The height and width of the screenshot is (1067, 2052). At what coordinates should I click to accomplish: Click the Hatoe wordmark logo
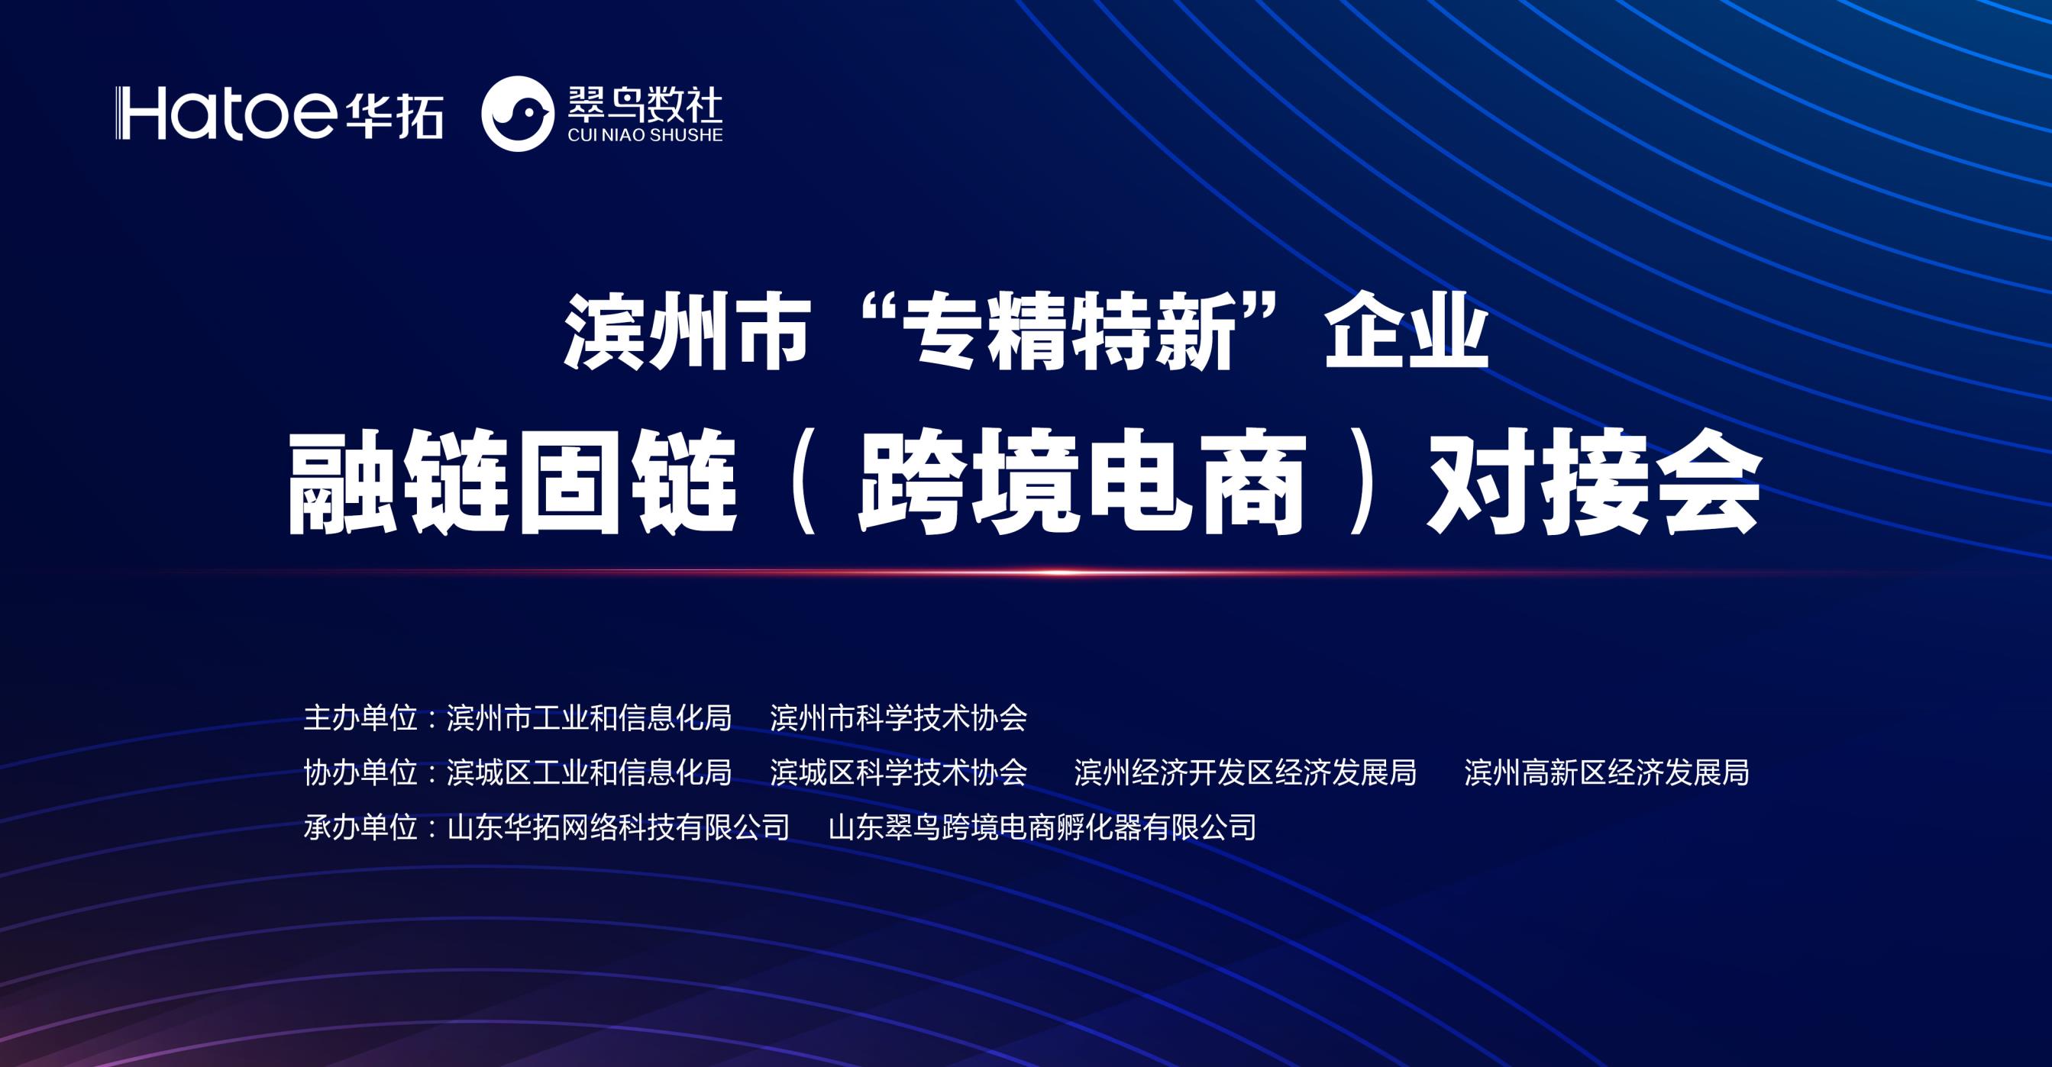pyautogui.click(x=225, y=113)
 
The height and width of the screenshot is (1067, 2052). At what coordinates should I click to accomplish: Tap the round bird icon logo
pyautogui.click(x=518, y=114)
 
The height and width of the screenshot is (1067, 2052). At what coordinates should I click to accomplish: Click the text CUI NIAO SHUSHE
pyautogui.click(x=645, y=135)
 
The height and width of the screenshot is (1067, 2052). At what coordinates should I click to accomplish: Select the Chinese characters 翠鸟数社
pyautogui.click(x=645, y=105)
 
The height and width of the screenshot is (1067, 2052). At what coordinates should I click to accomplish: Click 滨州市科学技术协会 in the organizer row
pyautogui.click(x=899, y=718)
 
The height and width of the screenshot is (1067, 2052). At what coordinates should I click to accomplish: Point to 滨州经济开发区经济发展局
pyautogui.click(x=1245, y=772)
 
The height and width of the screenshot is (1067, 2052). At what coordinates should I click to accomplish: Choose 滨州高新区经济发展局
pyautogui.click(x=1607, y=772)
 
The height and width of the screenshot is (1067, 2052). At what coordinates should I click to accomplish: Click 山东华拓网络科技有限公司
pyautogui.click(x=618, y=827)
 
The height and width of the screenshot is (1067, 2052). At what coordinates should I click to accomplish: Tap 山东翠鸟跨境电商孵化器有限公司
pyautogui.click(x=1042, y=827)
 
